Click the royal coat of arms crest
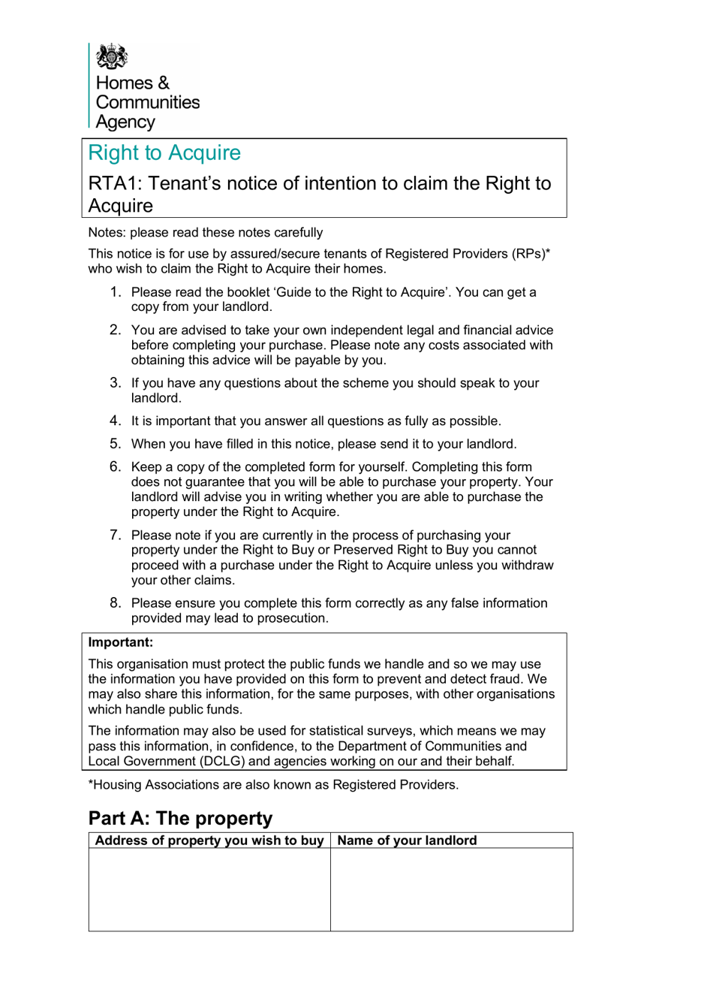[x=112, y=56]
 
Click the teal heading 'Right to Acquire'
[x=164, y=152]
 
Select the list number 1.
[x=115, y=292]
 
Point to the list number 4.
[x=115, y=421]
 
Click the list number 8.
[x=115, y=602]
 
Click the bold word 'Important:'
[x=120, y=642]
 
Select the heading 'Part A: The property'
[x=180, y=818]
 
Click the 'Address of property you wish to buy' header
[x=209, y=841]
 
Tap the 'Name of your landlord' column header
[x=407, y=841]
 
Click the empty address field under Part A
[x=209, y=889]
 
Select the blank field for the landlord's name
[x=451, y=889]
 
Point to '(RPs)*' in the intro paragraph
[x=531, y=254]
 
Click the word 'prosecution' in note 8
[x=293, y=618]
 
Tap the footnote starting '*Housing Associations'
[x=273, y=785]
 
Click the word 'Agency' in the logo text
[x=125, y=122]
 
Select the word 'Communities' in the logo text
[x=148, y=102]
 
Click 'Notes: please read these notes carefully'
[x=206, y=233]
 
